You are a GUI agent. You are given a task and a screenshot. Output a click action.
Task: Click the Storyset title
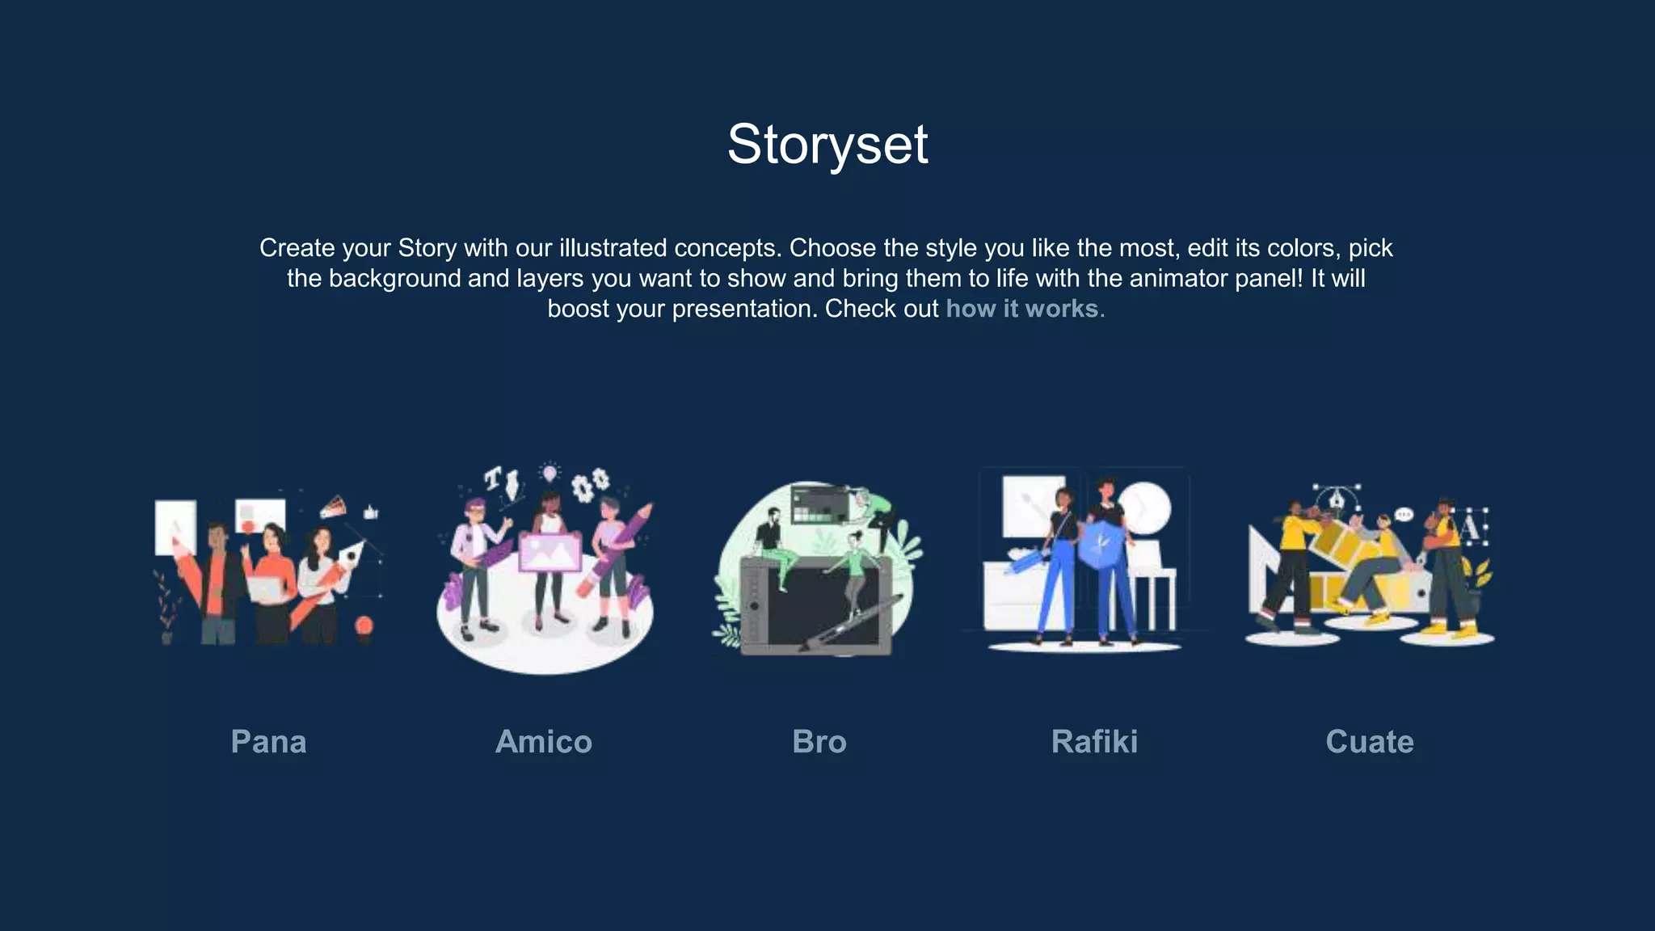pyautogui.click(x=827, y=145)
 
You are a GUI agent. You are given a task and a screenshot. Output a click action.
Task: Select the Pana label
pyautogui.click(x=268, y=742)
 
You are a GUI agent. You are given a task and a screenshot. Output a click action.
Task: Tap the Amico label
pyautogui.click(x=544, y=742)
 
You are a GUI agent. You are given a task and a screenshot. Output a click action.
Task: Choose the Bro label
pyautogui.click(x=819, y=742)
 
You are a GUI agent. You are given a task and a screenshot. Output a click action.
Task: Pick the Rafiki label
pyautogui.click(x=1094, y=742)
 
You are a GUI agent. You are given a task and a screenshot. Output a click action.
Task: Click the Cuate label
pyautogui.click(x=1370, y=742)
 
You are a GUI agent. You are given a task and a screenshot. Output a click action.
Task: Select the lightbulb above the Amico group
pyautogui.click(x=550, y=471)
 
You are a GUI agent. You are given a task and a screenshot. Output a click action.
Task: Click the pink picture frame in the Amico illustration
pyautogui.click(x=550, y=552)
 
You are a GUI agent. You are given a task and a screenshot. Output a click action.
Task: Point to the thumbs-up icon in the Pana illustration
pyautogui.click(x=371, y=512)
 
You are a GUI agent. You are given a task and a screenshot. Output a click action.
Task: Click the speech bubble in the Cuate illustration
pyautogui.click(x=1404, y=515)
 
